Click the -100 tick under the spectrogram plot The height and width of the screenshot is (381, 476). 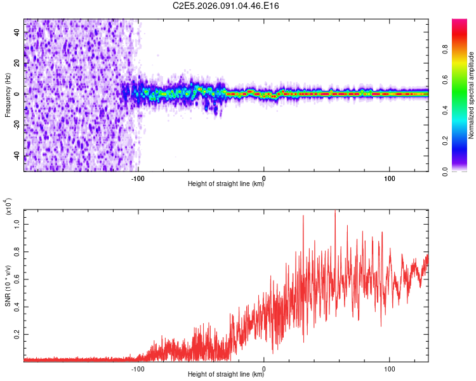138,177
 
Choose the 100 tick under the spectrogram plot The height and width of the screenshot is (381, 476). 389,177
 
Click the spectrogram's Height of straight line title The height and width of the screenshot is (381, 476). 226,184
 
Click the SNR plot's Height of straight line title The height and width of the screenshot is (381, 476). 226,375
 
